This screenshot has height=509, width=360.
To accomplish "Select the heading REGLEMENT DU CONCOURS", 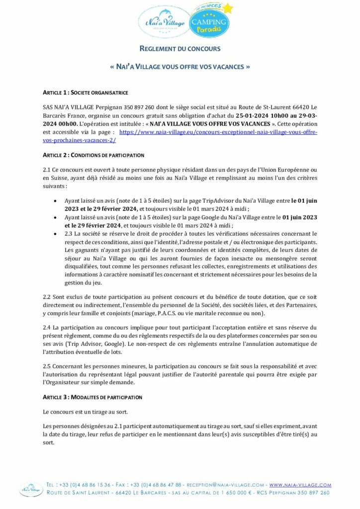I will coord(180,49).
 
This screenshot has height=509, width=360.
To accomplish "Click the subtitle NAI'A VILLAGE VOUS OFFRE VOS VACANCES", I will coord(180,66).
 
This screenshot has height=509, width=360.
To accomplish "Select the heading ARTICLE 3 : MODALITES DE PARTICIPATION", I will coord(92,397).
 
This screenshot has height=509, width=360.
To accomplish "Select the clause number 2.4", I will coord(47,328).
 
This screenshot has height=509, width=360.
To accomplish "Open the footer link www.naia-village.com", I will coord(300,484).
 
